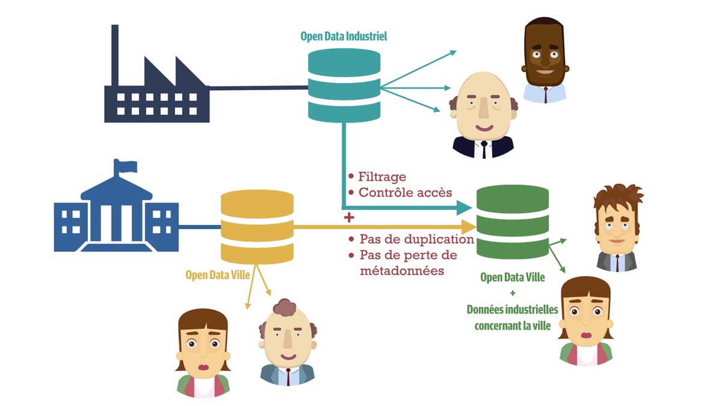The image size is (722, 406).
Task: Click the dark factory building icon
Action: click(x=157, y=96)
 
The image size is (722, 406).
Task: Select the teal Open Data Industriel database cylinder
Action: click(x=344, y=85)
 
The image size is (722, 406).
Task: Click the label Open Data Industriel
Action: click(x=344, y=37)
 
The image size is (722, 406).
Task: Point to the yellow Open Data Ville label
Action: click(x=214, y=275)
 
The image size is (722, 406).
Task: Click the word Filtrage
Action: click(x=382, y=177)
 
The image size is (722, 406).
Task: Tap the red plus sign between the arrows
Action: click(x=347, y=217)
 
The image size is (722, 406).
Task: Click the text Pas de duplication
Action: click(x=416, y=239)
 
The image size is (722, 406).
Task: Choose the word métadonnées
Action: click(x=401, y=271)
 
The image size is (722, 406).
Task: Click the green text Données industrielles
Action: click(x=512, y=310)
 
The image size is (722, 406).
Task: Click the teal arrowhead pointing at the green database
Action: click(x=464, y=208)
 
